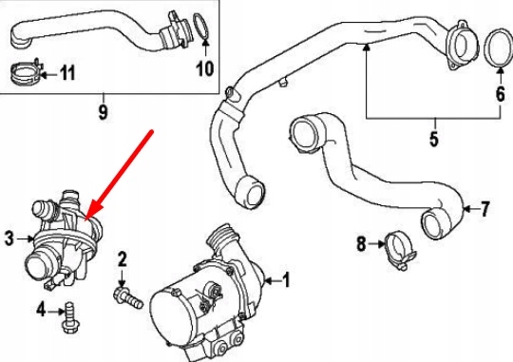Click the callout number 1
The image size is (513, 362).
[286, 280]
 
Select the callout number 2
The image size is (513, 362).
[122, 258]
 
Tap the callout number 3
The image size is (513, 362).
[9, 238]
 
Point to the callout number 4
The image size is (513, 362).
[41, 310]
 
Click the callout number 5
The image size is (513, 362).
[434, 139]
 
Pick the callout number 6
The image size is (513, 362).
[501, 94]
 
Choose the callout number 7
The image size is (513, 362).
[484, 208]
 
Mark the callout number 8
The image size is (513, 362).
[361, 244]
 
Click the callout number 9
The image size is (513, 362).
[103, 112]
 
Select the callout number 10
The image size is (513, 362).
[205, 68]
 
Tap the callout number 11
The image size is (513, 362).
[67, 72]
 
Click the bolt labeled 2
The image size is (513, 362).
[128, 297]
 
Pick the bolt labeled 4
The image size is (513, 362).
[69, 317]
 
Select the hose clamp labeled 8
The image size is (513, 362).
[399, 252]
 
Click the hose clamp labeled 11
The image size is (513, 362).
[27, 72]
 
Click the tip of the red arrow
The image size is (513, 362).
[85, 220]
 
